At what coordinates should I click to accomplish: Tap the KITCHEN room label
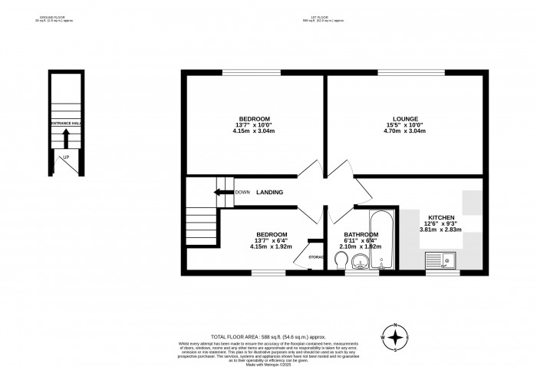click(x=441, y=218)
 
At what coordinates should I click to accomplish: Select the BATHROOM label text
click(x=361, y=235)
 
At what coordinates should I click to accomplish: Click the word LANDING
click(x=269, y=193)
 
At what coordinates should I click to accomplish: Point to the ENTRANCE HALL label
click(x=66, y=124)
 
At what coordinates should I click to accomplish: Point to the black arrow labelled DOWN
click(x=224, y=193)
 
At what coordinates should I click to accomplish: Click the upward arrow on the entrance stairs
click(x=66, y=138)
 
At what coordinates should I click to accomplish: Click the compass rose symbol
click(x=395, y=337)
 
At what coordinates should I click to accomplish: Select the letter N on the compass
click(x=395, y=325)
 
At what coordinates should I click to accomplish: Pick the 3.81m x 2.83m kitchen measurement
click(x=441, y=230)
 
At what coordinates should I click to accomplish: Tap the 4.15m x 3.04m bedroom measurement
click(x=254, y=131)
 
